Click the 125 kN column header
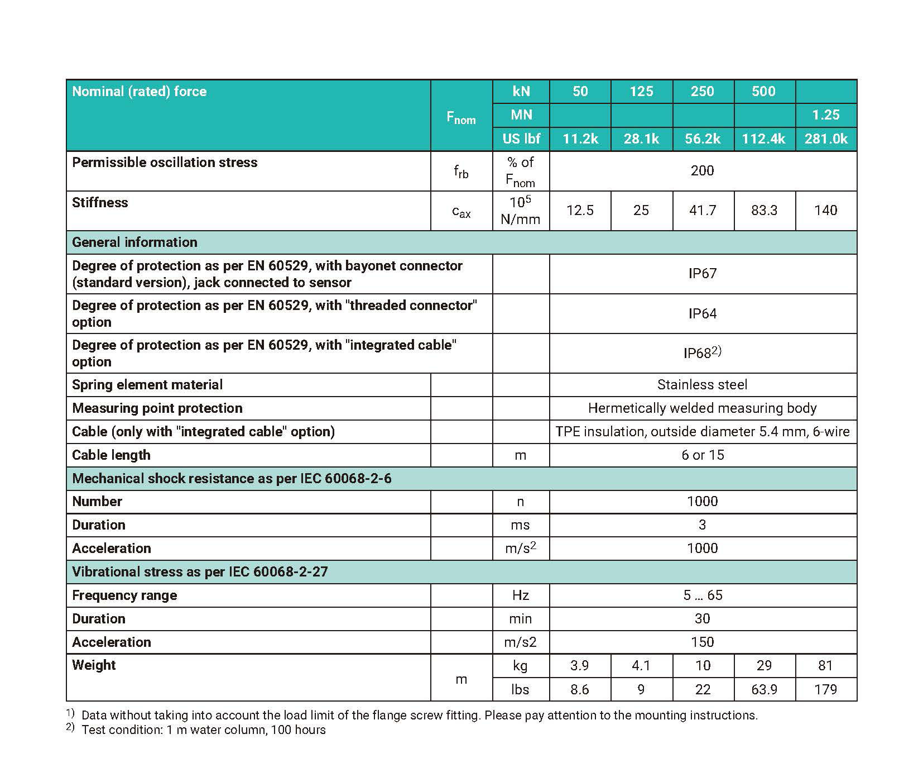(641, 92)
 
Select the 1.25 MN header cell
(825, 115)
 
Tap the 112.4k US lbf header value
(763, 139)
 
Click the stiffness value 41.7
(702, 211)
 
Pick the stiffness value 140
(825, 211)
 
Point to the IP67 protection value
(702, 274)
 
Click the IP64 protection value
(702, 314)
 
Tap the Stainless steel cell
(702, 385)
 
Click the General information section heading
(134, 242)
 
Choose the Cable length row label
(111, 455)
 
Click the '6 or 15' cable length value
(702, 455)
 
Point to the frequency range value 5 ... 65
(702, 595)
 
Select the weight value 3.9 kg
(580, 666)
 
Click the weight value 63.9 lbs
(763, 690)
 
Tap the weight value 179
(825, 690)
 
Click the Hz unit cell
(520, 595)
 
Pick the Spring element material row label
(147, 385)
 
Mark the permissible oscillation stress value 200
(702, 171)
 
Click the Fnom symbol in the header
(461, 117)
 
